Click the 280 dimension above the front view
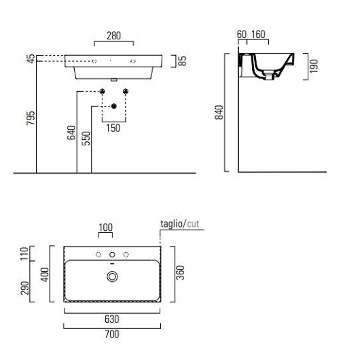point(113,35)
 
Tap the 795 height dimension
point(31,118)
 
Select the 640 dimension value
point(71,132)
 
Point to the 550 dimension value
point(86,138)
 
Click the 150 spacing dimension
point(113,128)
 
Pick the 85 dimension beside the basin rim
point(182,61)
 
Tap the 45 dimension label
point(31,58)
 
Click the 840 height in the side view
point(219,112)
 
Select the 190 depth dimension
point(314,66)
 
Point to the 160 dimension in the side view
point(258,35)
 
